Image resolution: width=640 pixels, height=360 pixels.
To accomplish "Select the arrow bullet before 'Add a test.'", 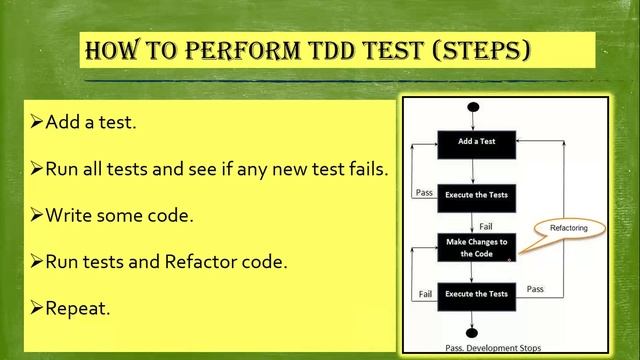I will [x=37, y=123].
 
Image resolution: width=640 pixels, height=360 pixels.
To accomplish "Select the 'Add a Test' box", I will [x=477, y=142].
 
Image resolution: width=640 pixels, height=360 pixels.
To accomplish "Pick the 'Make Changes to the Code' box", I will [x=477, y=247].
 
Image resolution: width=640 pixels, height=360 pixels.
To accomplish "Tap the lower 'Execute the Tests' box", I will [x=477, y=294].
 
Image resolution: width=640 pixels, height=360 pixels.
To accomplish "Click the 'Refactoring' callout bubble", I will [x=569, y=228].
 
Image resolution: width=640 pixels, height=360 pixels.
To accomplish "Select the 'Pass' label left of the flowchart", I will [x=424, y=193].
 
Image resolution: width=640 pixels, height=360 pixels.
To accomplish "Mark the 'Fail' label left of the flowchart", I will [x=424, y=294].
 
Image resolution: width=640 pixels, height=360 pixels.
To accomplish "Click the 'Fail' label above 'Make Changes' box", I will [x=487, y=226].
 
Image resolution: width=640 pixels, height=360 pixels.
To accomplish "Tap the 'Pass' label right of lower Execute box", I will [x=535, y=289].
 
